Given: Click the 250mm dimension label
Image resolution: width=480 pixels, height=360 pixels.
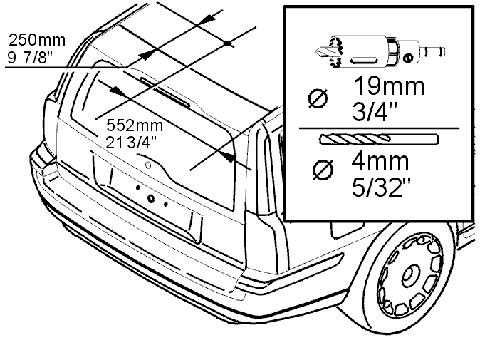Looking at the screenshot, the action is pyautogui.click(x=37, y=40).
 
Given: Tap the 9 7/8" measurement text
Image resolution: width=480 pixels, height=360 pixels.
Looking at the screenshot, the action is pyautogui.click(x=30, y=57).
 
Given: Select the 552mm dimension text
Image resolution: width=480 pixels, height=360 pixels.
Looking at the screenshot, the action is pyautogui.click(x=135, y=125).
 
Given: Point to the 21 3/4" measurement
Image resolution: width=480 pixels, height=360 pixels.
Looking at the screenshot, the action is pyautogui.click(x=131, y=143).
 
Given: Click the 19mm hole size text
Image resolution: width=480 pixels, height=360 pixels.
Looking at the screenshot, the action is pyautogui.click(x=389, y=86).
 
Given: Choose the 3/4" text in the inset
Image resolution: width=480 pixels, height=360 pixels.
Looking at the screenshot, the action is pyautogui.click(x=375, y=112).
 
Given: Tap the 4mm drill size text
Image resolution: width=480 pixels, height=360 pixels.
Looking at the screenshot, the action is pyautogui.click(x=380, y=161).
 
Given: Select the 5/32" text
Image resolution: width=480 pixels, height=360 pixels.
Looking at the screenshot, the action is pyautogui.click(x=381, y=187).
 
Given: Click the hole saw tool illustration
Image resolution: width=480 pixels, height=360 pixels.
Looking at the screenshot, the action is pyautogui.click(x=380, y=52).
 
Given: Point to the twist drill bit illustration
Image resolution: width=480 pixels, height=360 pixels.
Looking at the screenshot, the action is pyautogui.click(x=379, y=139).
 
